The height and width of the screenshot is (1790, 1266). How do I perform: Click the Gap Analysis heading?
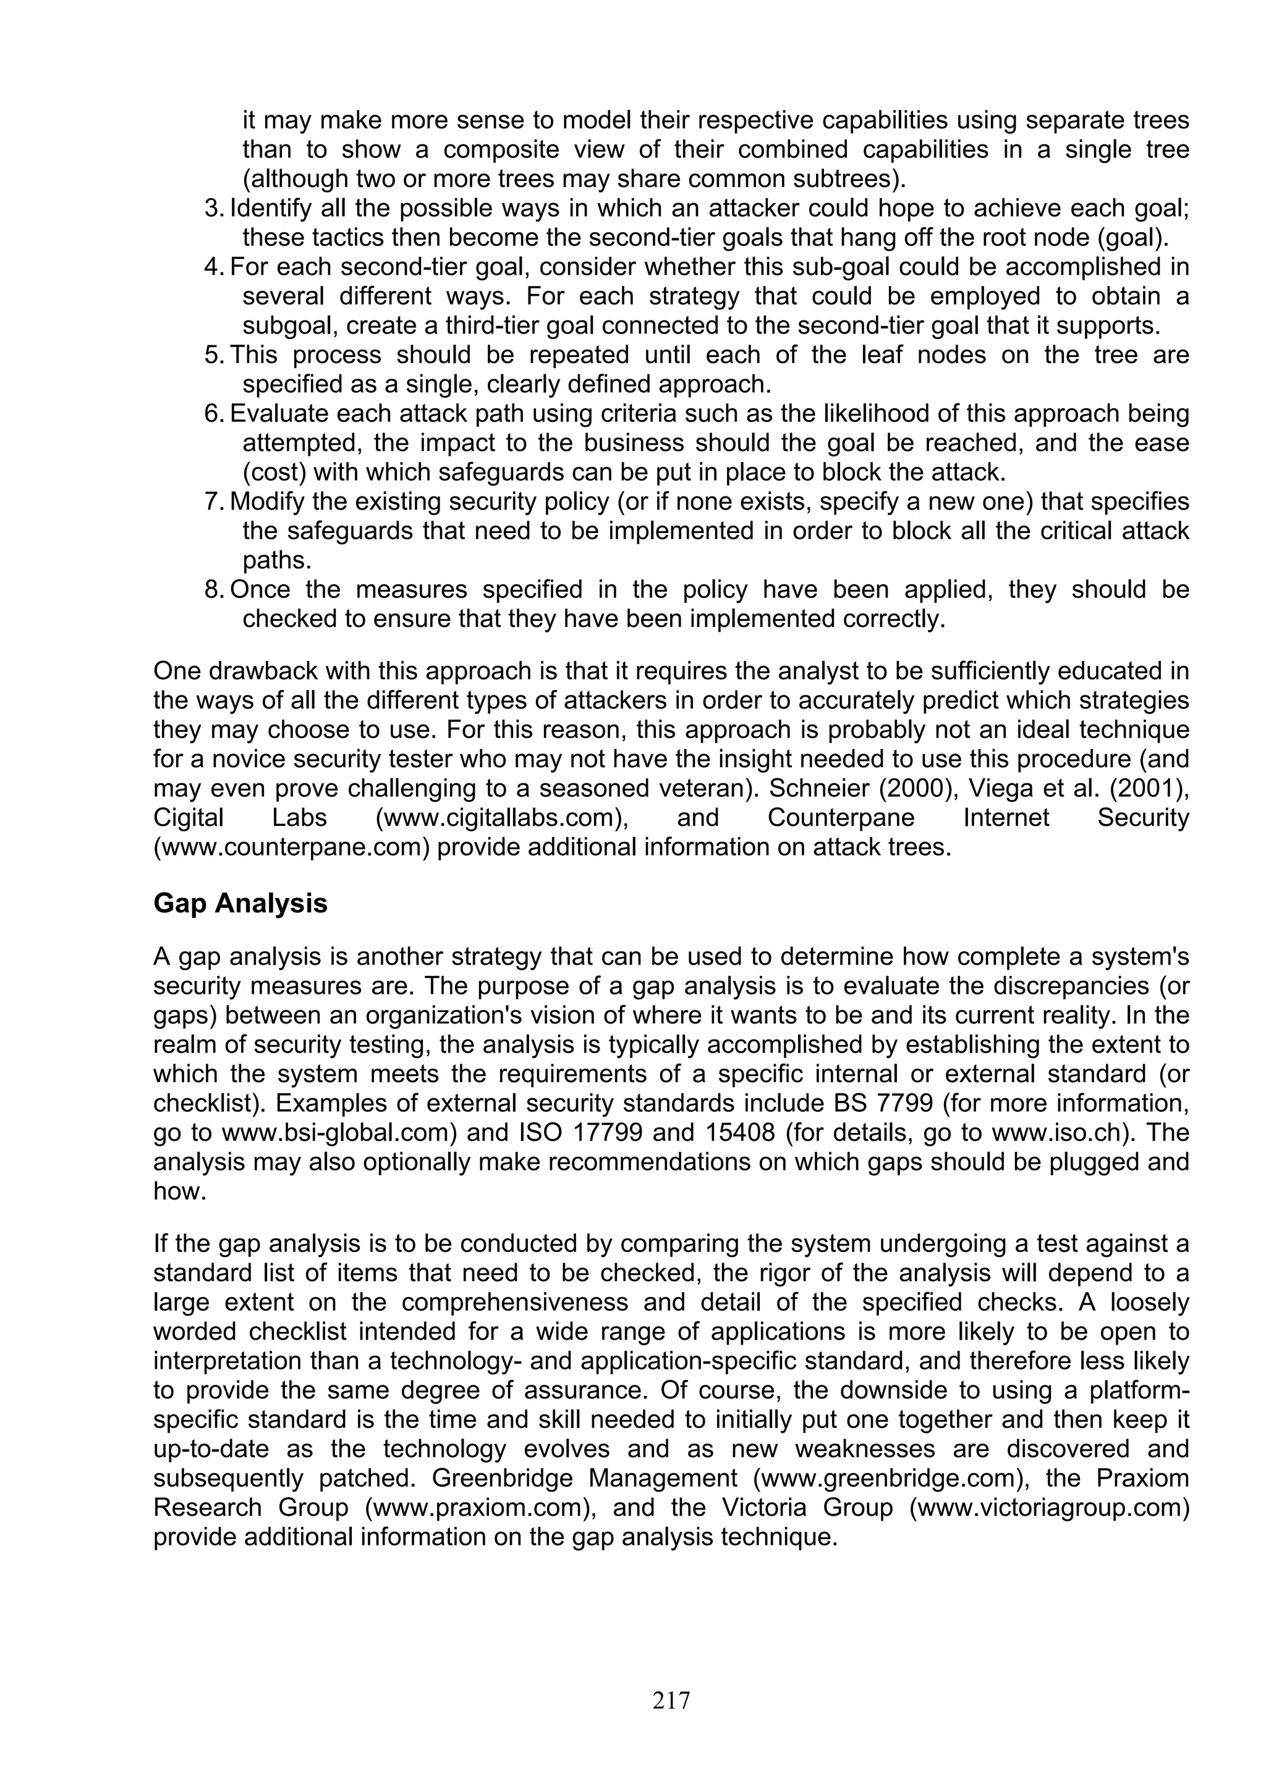[240, 904]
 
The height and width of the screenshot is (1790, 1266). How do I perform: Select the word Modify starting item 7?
[265, 502]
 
